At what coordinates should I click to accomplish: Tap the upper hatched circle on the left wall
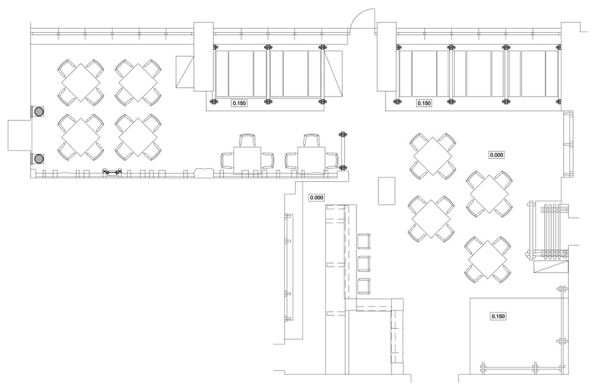coord(39,112)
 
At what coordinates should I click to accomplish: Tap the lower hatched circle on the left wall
coord(39,159)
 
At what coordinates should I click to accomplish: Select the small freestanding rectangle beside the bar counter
coord(387,190)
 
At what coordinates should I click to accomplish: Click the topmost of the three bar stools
coord(364,242)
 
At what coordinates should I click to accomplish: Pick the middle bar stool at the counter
coord(364,263)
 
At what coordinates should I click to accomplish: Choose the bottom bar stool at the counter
coord(364,286)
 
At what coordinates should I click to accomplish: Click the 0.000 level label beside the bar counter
coord(316,197)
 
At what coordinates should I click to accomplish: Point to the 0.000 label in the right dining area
coord(496,155)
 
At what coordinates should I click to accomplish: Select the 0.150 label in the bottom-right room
coord(498,316)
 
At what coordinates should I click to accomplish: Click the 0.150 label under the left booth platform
coord(239,103)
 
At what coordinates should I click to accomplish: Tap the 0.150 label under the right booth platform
coord(424,103)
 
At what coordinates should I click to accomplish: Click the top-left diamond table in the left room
coord(80,81)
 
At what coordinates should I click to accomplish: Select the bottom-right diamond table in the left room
coord(138,139)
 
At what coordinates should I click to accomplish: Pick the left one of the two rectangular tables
coord(247,160)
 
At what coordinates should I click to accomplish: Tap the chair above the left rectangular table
coord(247,141)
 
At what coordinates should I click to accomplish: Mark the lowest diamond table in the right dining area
coord(488,259)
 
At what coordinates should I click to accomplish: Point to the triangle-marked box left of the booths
coord(185,73)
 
